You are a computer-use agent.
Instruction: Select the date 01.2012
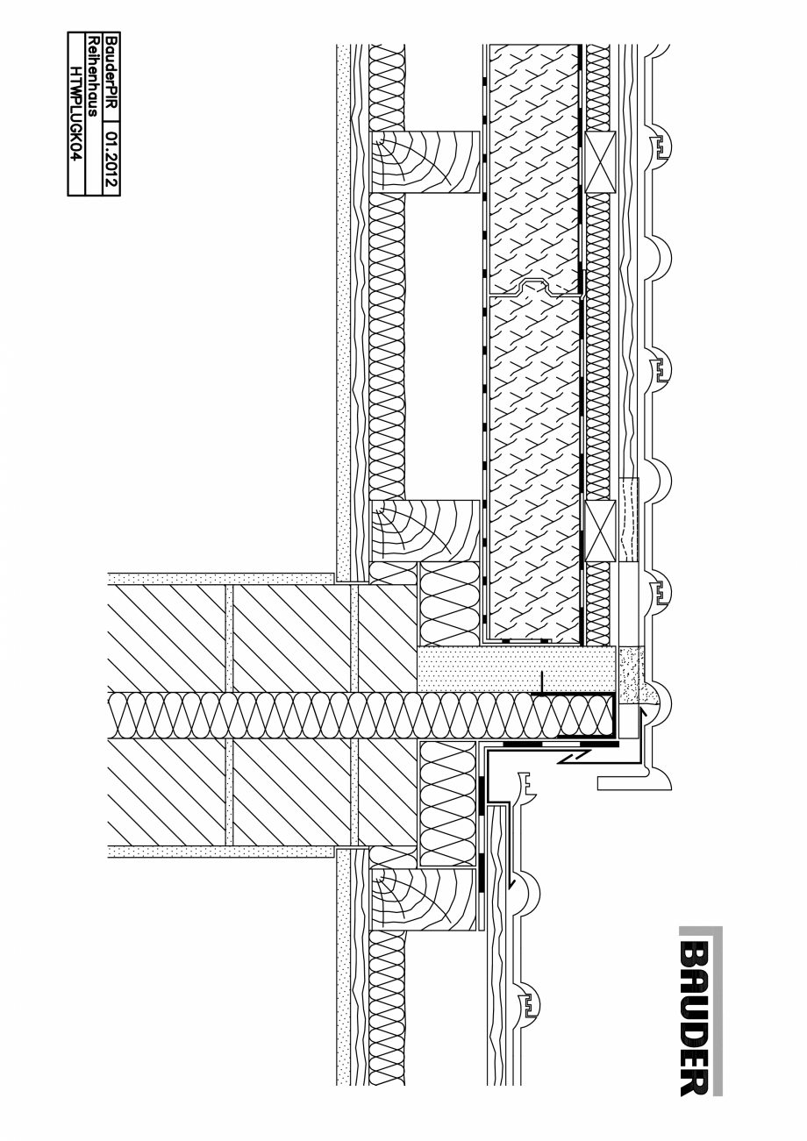click(111, 157)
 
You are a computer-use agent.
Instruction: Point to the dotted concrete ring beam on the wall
click(516, 669)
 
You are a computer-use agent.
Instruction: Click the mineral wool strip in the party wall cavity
click(351, 714)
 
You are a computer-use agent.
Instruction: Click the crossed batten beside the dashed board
click(600, 531)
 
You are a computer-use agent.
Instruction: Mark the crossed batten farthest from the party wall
click(600, 161)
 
